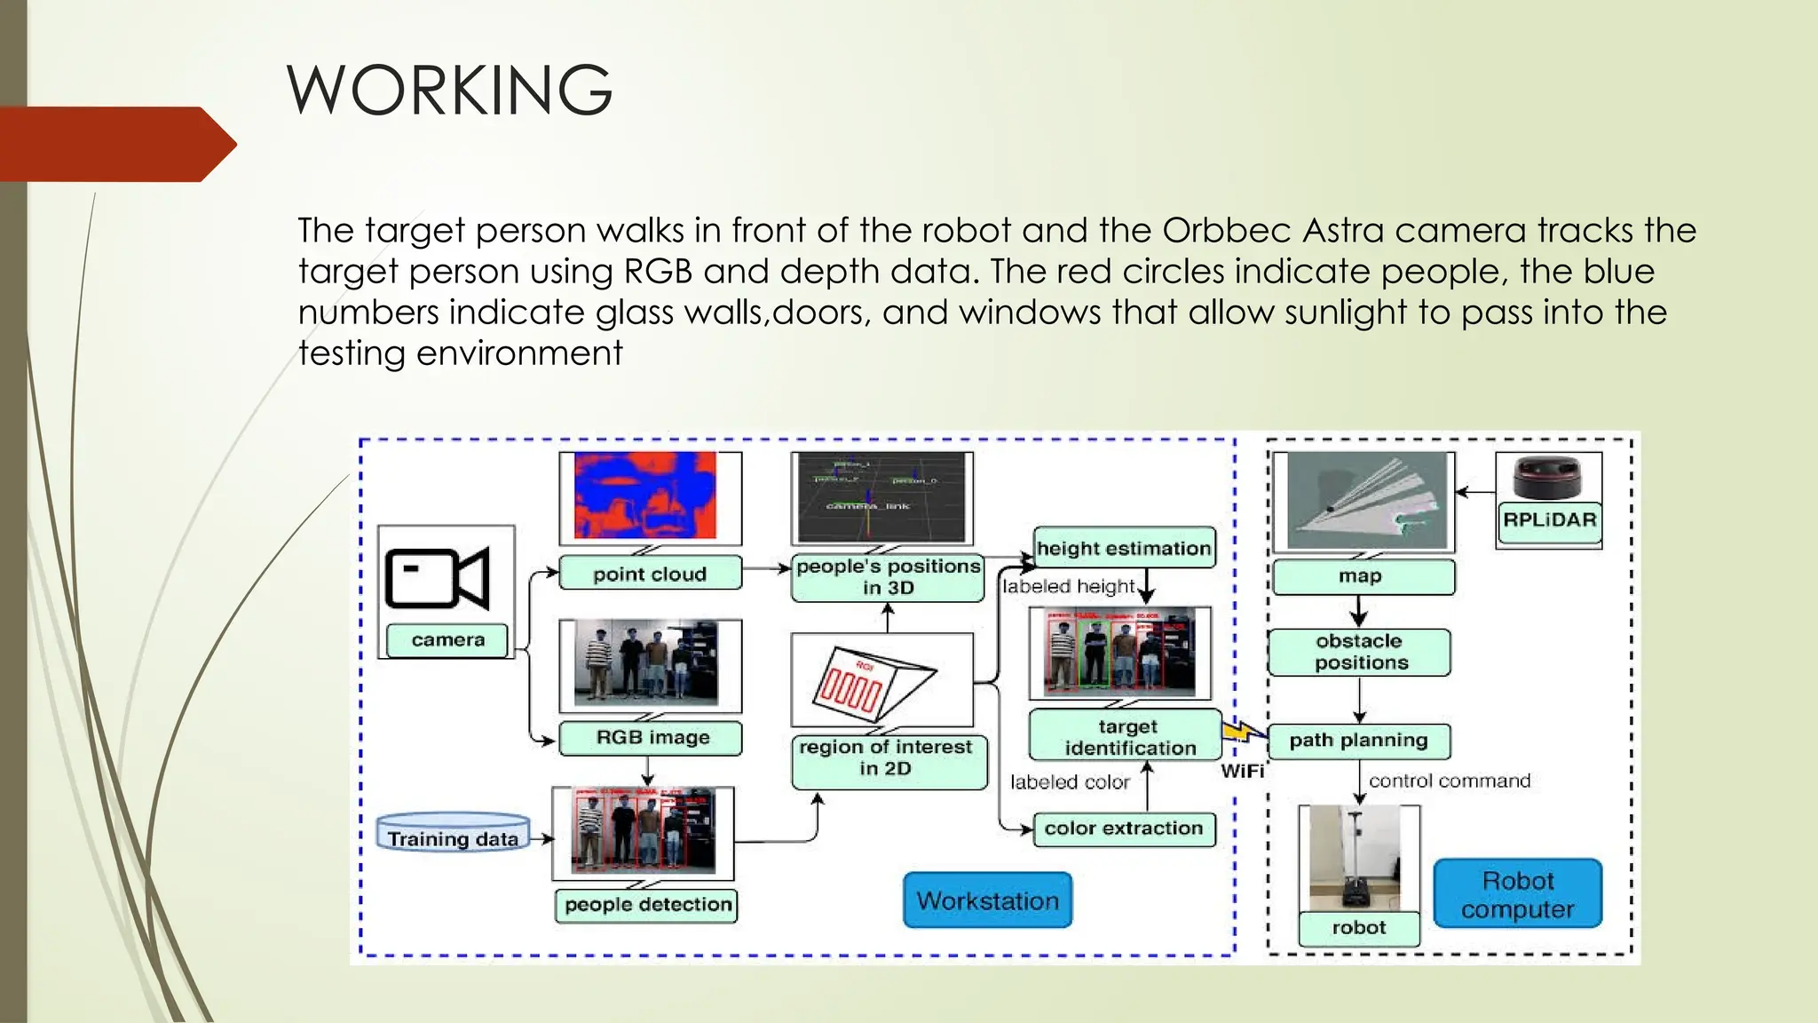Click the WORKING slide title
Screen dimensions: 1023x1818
pyautogui.click(x=449, y=90)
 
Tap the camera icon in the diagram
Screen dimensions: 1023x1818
pyautogui.click(x=437, y=578)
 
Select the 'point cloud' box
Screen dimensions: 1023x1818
pyautogui.click(x=650, y=574)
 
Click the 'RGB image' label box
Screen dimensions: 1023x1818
pyautogui.click(x=652, y=738)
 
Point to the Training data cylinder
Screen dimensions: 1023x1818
pyautogui.click(x=453, y=833)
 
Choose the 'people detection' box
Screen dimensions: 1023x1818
pyautogui.click(x=647, y=905)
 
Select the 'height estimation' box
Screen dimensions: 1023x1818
pyautogui.click(x=1124, y=548)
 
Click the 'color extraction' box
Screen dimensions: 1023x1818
pyautogui.click(x=1123, y=829)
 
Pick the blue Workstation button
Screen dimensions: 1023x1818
pyautogui.click(x=987, y=900)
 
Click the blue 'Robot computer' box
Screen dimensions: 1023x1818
pyautogui.click(x=1517, y=894)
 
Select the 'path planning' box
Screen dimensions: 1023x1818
pyautogui.click(x=1358, y=741)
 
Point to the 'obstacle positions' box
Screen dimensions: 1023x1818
pyautogui.click(x=1360, y=652)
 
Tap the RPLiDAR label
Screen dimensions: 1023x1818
pyautogui.click(x=1549, y=519)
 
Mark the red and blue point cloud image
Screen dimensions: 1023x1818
pyautogui.click(x=646, y=495)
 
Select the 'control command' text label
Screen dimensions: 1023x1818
pyautogui.click(x=1449, y=781)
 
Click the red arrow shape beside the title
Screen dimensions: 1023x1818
pyautogui.click(x=115, y=144)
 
